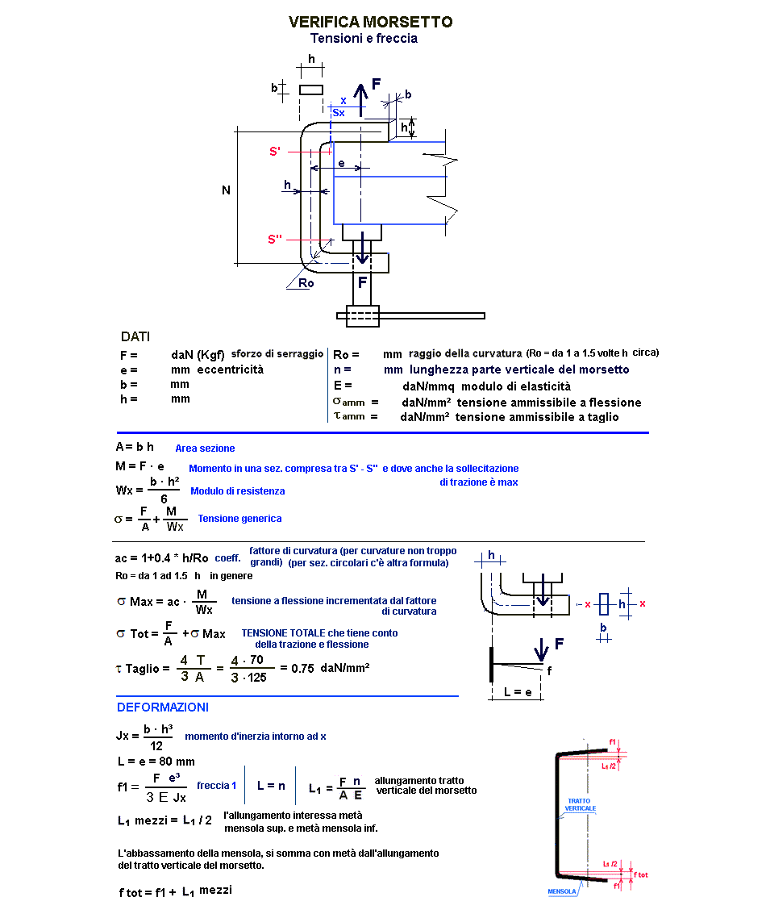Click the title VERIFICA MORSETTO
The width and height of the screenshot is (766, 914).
coord(370,22)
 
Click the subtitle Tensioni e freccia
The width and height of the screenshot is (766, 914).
coord(364,39)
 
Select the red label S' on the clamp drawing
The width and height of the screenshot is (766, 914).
coord(275,152)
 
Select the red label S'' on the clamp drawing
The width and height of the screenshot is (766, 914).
coord(276,239)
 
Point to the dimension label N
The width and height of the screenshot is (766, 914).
coord(227,190)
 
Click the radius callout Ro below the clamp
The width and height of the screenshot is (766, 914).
coord(306,283)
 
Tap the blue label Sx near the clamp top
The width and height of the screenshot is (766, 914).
coord(339,113)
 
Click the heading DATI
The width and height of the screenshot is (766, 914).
coord(135,336)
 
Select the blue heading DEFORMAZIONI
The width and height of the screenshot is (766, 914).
coord(163,707)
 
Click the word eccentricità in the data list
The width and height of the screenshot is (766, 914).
coord(230,369)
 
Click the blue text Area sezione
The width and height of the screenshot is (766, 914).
coord(205,448)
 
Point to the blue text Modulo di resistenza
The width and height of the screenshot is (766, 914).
coord(237,490)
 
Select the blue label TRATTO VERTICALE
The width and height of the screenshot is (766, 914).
coord(581,804)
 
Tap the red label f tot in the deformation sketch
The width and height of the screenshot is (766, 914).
coord(641,874)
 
